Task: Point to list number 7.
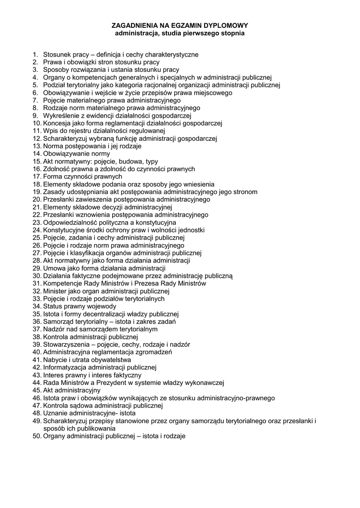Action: click(x=35, y=100)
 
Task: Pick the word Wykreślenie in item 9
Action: click(x=62, y=116)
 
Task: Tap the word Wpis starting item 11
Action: click(x=50, y=131)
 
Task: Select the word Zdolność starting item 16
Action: click(x=57, y=169)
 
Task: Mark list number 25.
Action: click(x=37, y=238)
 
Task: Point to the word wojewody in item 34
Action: click(x=102, y=306)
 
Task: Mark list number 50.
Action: click(x=37, y=436)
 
